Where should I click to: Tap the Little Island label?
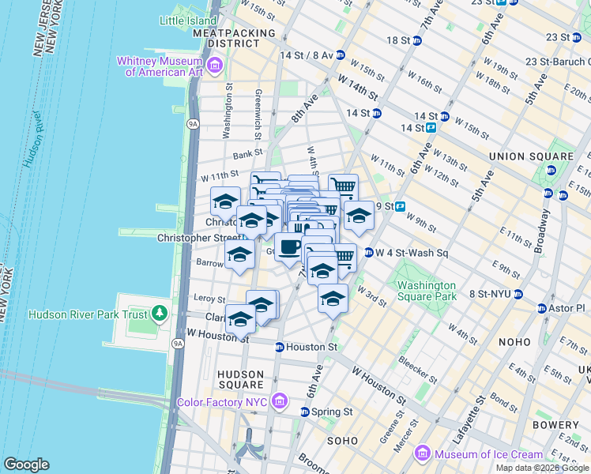click(187, 21)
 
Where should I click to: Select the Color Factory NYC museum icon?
click(278, 401)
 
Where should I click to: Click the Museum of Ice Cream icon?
click(423, 453)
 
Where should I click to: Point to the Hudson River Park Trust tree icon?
click(160, 314)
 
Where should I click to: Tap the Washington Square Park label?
click(427, 291)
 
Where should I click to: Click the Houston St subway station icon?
click(279, 347)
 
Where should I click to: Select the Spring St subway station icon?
click(305, 412)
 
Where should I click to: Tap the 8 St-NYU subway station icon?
click(518, 294)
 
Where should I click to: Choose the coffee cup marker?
click(289, 246)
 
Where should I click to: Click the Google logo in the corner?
click(26, 464)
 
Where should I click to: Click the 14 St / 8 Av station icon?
click(340, 55)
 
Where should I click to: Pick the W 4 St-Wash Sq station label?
click(412, 254)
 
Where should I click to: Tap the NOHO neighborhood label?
click(516, 342)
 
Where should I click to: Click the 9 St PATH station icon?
click(400, 207)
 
